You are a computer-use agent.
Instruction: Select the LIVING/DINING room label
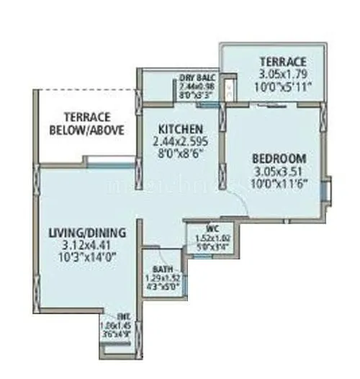[88, 233]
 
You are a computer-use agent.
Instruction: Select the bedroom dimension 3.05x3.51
[279, 171]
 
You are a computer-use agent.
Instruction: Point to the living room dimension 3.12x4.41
[88, 246]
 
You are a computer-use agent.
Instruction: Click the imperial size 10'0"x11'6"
[279, 184]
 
